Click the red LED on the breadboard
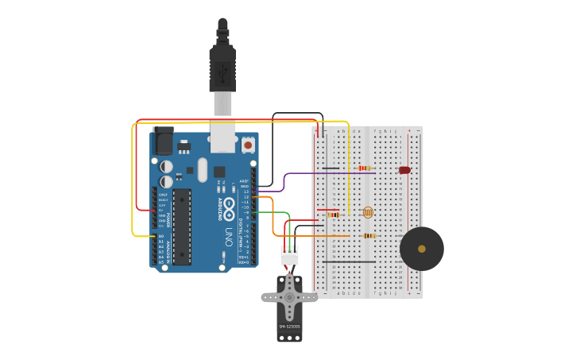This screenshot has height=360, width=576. click(404, 170)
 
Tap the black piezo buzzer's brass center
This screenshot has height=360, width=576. click(422, 249)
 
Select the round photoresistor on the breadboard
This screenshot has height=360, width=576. click(367, 212)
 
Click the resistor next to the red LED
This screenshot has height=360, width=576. click(365, 168)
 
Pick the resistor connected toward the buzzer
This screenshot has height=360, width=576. click(369, 235)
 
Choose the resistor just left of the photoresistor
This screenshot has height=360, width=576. click(333, 215)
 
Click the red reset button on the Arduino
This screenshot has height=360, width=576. click(248, 145)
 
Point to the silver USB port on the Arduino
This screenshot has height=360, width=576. click(222, 137)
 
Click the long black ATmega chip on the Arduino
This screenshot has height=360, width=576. click(182, 226)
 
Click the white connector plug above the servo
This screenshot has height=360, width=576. click(290, 256)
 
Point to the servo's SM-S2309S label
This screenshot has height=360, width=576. click(289, 326)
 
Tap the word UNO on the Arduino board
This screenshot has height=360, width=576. click(228, 236)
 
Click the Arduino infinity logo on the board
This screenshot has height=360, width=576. click(229, 209)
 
